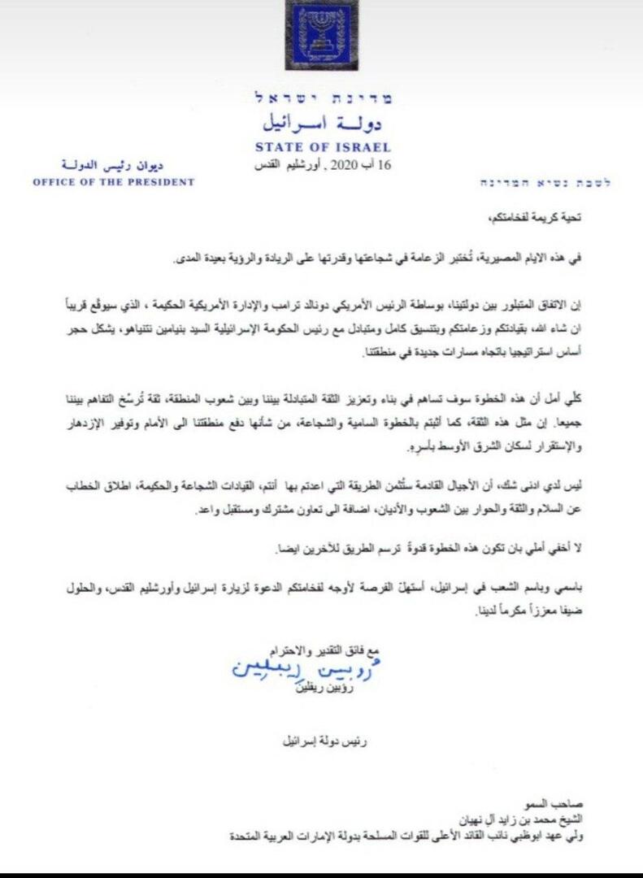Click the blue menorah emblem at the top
pyautogui.click(x=320, y=36)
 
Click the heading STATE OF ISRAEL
pyautogui.click(x=323, y=148)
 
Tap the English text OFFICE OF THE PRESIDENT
pyautogui.click(x=114, y=182)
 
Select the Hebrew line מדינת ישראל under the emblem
pyautogui.click(x=323, y=99)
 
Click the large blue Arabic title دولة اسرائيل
pyautogui.click(x=324, y=125)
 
